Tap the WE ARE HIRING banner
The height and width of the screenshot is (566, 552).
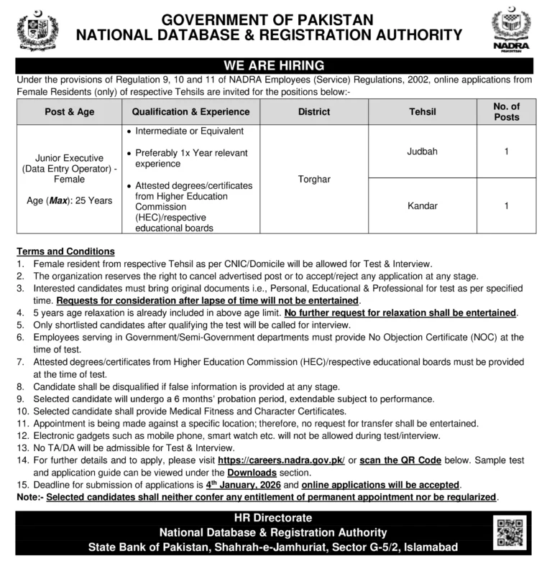[x=275, y=65]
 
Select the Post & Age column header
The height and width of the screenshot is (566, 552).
[x=70, y=112]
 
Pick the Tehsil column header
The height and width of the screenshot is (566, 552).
[x=422, y=112]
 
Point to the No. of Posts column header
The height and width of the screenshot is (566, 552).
[x=506, y=112]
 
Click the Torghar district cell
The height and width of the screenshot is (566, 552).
[x=313, y=179]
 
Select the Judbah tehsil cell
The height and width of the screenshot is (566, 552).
[x=422, y=152]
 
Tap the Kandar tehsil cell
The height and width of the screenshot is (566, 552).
[x=422, y=205]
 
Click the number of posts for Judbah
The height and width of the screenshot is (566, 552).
[x=506, y=152]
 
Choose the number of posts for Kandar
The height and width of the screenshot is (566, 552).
[x=506, y=205]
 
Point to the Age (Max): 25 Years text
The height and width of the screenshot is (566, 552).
[x=70, y=200]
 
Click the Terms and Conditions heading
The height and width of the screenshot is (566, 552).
[x=66, y=251]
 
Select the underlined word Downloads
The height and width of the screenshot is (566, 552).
[x=252, y=473]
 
